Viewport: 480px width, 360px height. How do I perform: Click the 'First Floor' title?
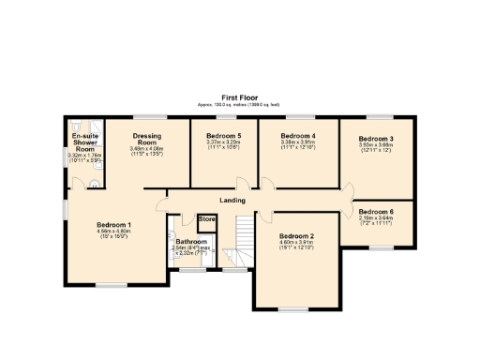click(x=240, y=97)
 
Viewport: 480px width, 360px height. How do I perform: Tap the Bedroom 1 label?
click(x=113, y=224)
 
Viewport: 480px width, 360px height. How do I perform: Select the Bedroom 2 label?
click(x=296, y=235)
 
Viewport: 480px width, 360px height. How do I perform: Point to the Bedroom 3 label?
click(x=376, y=139)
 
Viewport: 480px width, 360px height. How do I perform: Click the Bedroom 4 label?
click(x=298, y=136)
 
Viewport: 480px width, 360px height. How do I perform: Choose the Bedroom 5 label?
click(x=224, y=136)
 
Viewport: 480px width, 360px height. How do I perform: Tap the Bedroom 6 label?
click(x=376, y=212)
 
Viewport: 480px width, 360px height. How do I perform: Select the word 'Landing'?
click(x=232, y=201)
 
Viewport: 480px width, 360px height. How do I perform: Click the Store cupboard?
click(x=207, y=220)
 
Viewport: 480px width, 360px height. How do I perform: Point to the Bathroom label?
click(x=191, y=241)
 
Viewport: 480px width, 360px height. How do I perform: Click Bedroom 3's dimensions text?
click(x=376, y=147)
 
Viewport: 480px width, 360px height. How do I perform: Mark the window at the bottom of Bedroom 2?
click(x=292, y=307)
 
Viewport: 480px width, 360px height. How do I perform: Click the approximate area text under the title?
click(x=240, y=104)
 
